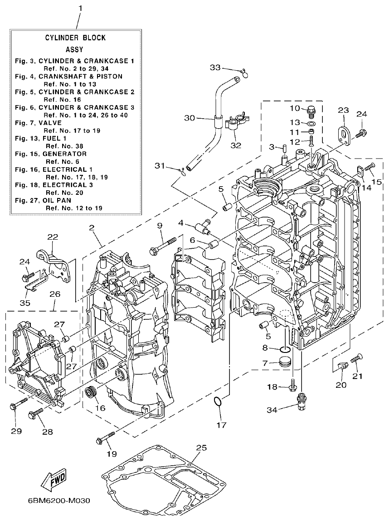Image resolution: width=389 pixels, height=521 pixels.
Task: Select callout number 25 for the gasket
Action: [201, 448]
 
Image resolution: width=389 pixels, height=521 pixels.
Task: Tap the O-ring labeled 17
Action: [218, 401]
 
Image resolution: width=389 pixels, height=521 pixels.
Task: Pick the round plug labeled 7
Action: [285, 362]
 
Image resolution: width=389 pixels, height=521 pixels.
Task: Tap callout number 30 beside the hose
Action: [189, 118]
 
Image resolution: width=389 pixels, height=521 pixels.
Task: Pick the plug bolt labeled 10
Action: [311, 110]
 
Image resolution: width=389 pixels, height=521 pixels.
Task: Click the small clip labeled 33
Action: [244, 72]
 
